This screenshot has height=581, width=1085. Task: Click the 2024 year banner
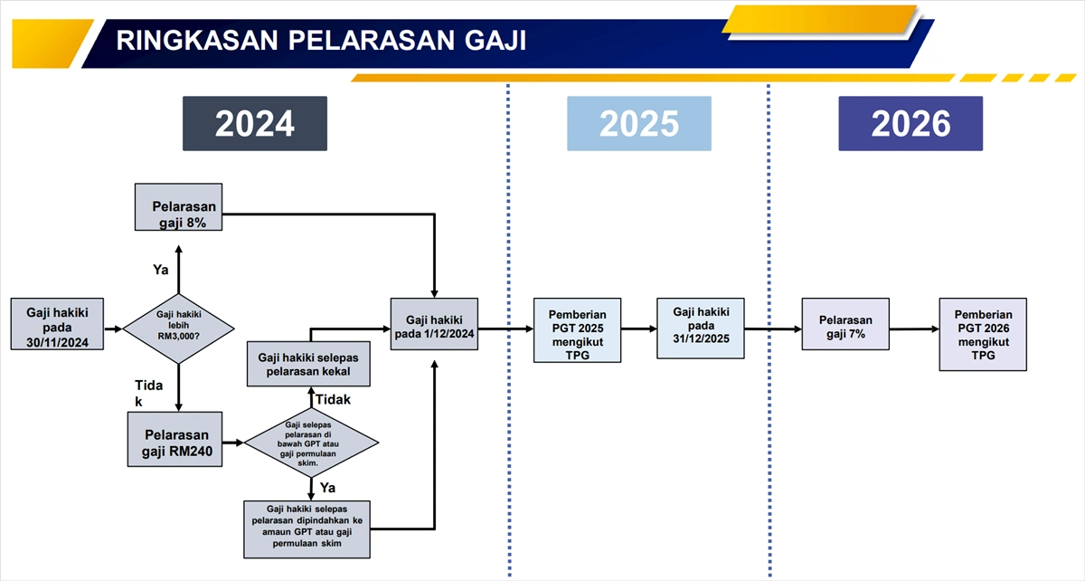(x=254, y=124)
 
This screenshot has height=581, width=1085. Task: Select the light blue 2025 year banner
(x=638, y=124)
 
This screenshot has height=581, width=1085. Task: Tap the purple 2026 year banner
(x=910, y=124)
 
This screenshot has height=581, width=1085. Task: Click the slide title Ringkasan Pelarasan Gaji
(x=321, y=41)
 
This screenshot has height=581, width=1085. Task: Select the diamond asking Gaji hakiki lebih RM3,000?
(x=178, y=324)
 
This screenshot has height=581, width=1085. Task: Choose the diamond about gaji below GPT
(x=312, y=443)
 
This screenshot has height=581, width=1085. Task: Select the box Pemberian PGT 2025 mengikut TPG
(x=577, y=330)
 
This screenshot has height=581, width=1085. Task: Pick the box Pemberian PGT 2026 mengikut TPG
(x=982, y=334)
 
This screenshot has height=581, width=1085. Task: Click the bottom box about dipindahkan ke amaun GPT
(x=307, y=528)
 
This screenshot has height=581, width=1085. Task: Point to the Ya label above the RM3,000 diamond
(x=161, y=269)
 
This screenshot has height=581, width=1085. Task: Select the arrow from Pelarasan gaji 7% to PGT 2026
(x=913, y=329)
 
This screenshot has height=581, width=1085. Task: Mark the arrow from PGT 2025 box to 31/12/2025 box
(x=639, y=329)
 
